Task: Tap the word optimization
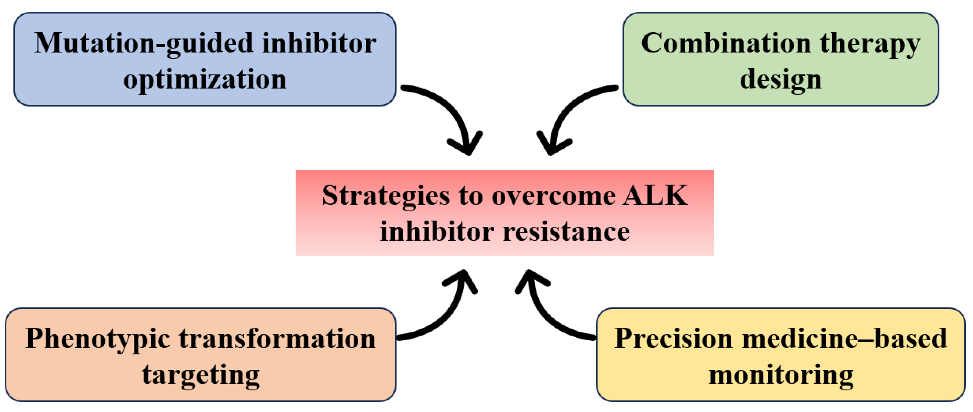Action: (x=205, y=79)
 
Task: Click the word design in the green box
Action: (x=780, y=79)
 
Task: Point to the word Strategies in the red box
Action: (x=385, y=196)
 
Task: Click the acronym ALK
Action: (x=655, y=195)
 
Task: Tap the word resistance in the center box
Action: (x=567, y=231)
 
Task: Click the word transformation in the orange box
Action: (x=277, y=338)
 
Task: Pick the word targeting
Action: (x=201, y=374)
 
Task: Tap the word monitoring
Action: (x=781, y=374)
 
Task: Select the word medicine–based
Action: (x=845, y=338)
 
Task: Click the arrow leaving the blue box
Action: (x=449, y=110)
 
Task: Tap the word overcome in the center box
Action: (x=553, y=196)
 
